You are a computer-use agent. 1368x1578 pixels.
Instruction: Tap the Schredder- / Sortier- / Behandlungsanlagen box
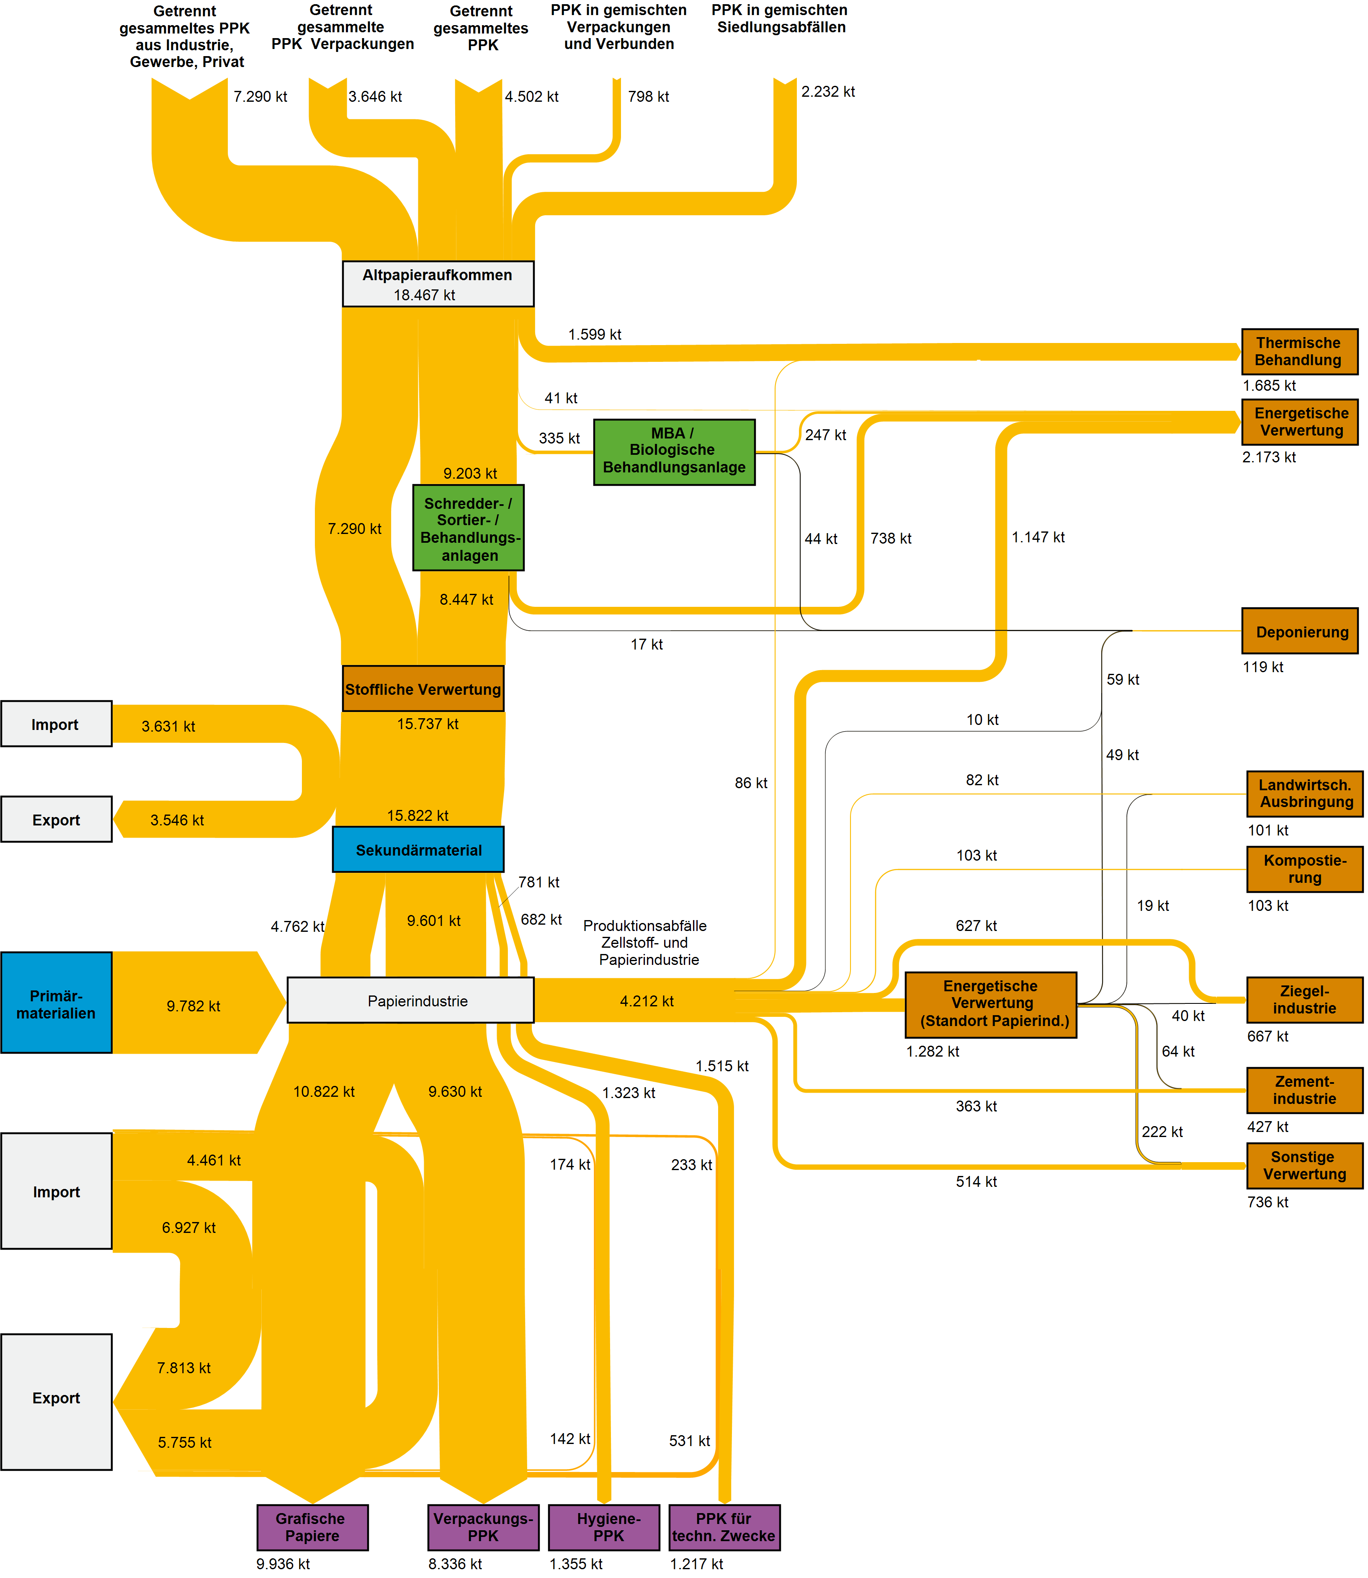coord(468,528)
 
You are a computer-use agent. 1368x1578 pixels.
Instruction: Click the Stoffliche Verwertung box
coord(423,688)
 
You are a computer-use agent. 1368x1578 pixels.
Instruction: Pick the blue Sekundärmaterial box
coord(418,850)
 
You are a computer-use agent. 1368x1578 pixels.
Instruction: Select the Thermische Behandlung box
coord(1299,351)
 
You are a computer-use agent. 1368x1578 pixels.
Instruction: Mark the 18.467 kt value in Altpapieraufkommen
coord(425,295)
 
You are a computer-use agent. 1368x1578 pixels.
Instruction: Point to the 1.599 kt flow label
coord(595,334)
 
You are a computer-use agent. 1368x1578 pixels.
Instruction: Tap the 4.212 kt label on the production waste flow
coord(647,1001)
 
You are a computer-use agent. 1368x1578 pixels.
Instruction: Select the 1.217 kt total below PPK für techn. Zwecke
coord(696,1563)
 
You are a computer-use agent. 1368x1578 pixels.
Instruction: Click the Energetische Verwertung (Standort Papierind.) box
coord(991,1004)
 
